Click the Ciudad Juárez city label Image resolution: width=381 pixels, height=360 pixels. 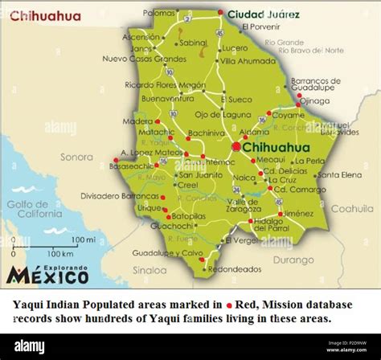(264, 14)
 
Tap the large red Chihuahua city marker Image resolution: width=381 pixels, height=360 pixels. (236, 147)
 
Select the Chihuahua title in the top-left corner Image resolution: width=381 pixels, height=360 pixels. (45, 16)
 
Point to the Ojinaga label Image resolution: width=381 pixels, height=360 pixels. (315, 100)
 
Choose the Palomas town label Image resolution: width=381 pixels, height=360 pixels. (159, 13)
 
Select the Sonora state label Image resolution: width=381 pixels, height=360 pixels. (77, 157)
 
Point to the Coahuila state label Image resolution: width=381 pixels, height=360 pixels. (352, 208)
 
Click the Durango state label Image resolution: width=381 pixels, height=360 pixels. (293, 260)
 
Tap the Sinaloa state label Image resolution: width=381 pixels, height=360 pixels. (150, 270)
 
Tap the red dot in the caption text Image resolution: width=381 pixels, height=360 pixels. (228, 306)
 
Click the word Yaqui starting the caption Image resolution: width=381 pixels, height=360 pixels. (30, 305)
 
